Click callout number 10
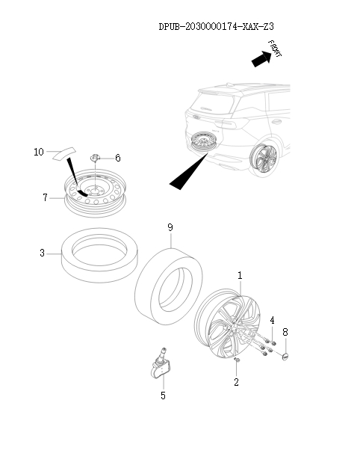(39, 152)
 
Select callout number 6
(117, 158)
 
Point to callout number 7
(46, 197)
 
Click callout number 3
(43, 253)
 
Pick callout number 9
(170, 226)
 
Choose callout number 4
(272, 320)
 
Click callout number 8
(285, 330)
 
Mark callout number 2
(236, 382)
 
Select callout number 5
(163, 395)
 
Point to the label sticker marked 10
(63, 153)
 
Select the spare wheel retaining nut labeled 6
(96, 158)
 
